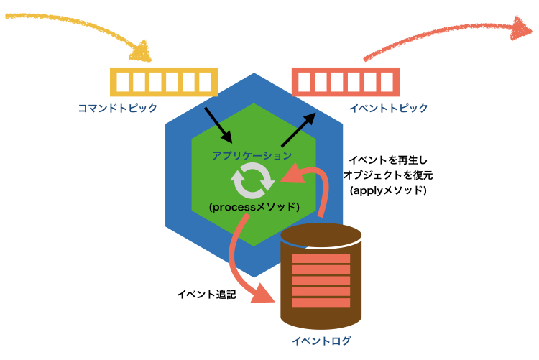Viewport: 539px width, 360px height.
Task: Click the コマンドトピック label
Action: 118,109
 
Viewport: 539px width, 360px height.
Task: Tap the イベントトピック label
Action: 389,109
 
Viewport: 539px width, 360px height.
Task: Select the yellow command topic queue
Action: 164,81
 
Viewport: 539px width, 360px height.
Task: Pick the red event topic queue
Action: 346,81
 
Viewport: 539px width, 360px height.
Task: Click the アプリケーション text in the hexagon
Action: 252,154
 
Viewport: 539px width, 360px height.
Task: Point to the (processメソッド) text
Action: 253,206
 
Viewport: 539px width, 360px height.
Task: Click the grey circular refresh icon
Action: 252,180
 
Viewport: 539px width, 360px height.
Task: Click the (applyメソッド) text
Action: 388,191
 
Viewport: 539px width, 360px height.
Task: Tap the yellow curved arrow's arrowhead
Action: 142,52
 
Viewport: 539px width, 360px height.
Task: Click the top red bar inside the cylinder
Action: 321,258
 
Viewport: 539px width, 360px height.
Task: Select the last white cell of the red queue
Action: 386,82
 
